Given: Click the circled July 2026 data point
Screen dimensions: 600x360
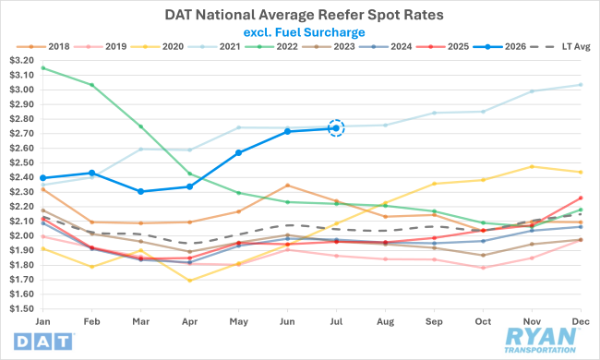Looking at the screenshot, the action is pos(336,128).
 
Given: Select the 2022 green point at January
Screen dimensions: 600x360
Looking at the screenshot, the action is pos(42,68).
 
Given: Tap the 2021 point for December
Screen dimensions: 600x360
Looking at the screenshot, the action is pos(581,85).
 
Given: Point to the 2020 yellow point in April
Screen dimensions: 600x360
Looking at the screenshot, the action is pos(190,281).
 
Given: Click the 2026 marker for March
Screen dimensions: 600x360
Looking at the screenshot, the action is pos(141,191).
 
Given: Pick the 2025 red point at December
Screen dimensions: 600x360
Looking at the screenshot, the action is pos(581,198).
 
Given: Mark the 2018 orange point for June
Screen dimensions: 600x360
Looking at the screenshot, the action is pos(287,186).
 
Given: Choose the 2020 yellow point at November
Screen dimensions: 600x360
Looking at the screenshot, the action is pos(532,166).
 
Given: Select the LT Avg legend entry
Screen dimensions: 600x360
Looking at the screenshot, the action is pos(560,47).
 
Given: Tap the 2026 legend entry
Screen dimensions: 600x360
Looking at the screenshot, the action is pos(499,47).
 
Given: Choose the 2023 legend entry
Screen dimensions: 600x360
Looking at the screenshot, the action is pos(329,47).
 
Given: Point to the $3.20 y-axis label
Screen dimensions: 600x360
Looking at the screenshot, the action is pos(22,60).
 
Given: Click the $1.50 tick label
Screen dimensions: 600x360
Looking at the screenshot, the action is pos(22,308).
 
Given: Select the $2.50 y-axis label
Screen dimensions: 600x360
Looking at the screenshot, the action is pos(22,162).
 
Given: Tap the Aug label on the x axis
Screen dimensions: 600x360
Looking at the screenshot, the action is pos(385,322).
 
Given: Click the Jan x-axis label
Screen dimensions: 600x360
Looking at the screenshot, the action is pos(42,321).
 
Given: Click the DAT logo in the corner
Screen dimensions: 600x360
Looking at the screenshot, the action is pos(43,342).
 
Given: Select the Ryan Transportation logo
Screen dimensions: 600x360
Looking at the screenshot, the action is pos(540,341).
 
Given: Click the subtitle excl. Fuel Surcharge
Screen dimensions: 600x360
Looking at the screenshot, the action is pos(305,32).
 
